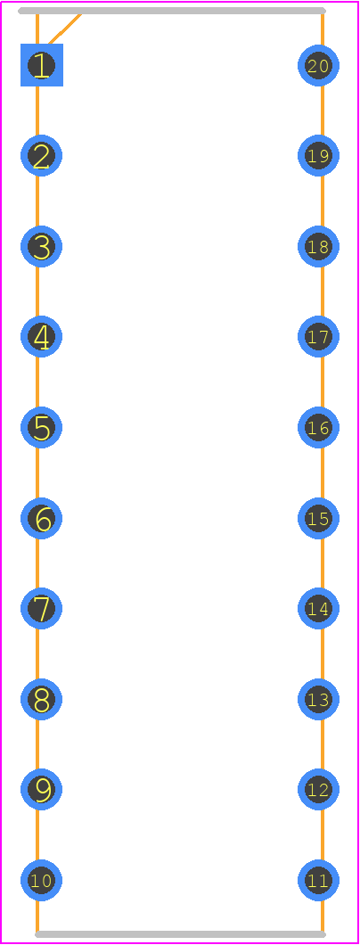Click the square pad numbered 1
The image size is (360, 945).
point(42,65)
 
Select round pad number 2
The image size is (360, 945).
point(42,156)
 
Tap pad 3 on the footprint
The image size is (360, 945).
point(42,246)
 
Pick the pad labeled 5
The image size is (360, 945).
point(42,428)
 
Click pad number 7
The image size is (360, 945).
point(42,609)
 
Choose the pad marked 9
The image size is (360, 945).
point(42,790)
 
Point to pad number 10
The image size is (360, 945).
point(42,881)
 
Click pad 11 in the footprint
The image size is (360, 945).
point(318,881)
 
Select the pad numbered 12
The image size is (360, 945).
point(318,790)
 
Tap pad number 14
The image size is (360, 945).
point(318,609)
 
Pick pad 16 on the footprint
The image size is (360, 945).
point(318,428)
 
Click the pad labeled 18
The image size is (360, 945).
point(318,246)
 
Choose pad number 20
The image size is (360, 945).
point(318,65)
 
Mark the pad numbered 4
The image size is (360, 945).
point(42,337)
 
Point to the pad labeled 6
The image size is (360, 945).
point(42,518)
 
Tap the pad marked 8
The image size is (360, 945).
point(42,699)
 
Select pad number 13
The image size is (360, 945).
point(318,699)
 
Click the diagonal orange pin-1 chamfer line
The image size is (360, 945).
point(64,29)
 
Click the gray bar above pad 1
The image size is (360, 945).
point(172,10)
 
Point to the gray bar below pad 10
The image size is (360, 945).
point(181,935)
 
